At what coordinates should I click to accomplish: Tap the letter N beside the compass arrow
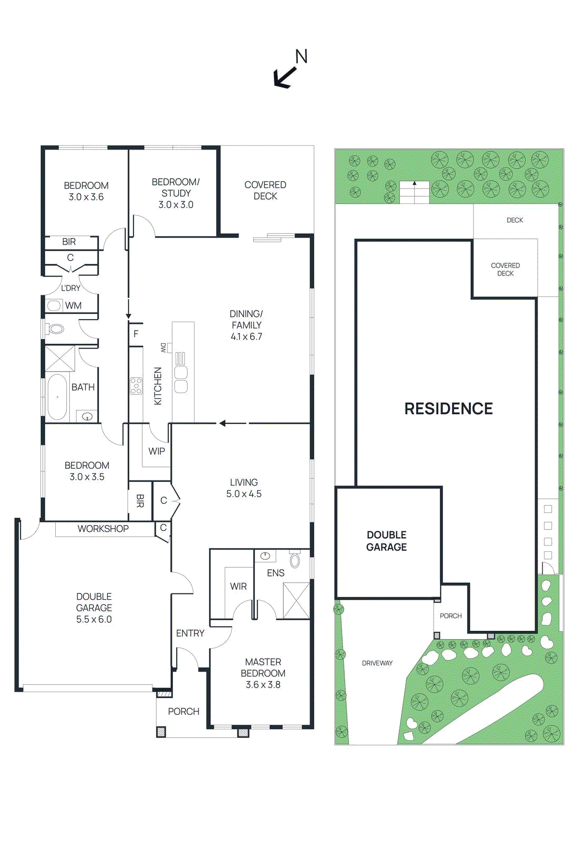pos(301,57)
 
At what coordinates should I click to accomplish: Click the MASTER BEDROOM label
pos(263,668)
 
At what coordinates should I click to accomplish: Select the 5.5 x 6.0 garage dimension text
pos(94,619)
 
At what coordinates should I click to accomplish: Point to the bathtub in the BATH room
pos(57,397)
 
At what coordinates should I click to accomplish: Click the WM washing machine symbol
pos(54,305)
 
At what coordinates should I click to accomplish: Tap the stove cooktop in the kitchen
pos(136,386)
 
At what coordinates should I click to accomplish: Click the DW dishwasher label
pos(163,347)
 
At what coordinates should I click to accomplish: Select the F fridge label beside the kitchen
pos(136,334)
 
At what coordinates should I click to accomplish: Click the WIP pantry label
pos(157,451)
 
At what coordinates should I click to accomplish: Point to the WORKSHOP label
pos(103,529)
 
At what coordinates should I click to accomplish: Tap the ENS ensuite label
pos(275,573)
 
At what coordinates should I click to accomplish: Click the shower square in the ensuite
pos(296,600)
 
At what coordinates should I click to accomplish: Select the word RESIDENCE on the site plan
pos(448,408)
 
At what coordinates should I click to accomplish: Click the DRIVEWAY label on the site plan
pos(377,663)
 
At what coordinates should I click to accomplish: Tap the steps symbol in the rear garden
pos(415,192)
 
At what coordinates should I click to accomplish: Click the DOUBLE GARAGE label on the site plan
pos(387,541)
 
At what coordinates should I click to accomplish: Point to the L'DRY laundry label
pos(70,288)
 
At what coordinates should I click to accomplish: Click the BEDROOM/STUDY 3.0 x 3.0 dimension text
pos(176,204)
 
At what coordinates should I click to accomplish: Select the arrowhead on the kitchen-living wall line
pos(223,423)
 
